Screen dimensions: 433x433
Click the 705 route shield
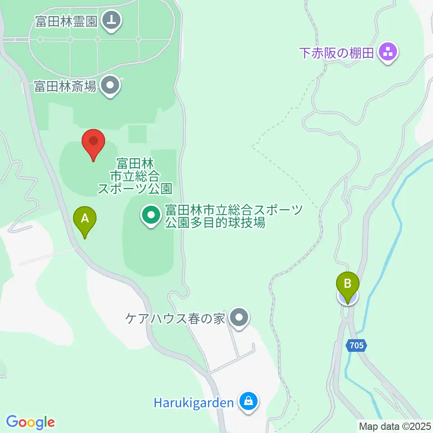tap(357, 346)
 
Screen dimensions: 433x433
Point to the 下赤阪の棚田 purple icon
tap(388, 52)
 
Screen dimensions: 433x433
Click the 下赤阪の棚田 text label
tap(337, 53)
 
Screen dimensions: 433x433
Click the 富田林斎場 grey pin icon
tap(110, 86)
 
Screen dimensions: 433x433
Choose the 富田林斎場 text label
tap(65, 86)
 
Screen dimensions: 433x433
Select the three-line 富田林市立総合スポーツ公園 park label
tap(135, 175)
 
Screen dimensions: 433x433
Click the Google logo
tap(30, 422)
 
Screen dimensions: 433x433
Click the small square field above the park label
tap(138, 134)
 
